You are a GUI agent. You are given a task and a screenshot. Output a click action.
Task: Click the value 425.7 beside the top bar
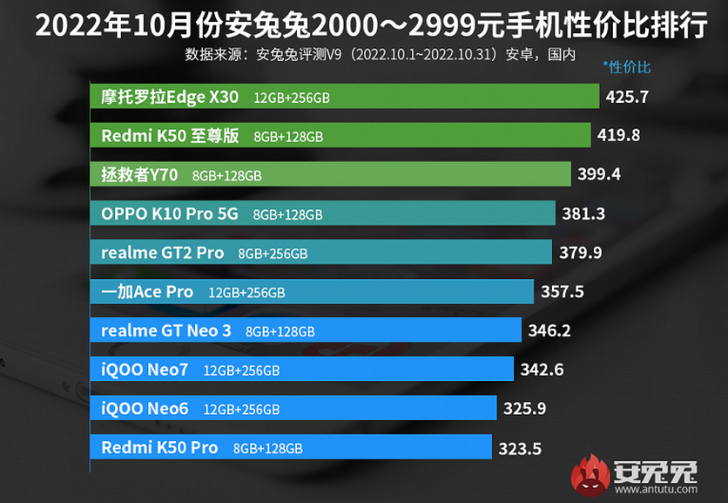[x=627, y=97]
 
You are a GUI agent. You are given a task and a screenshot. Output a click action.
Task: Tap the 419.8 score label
[x=619, y=135]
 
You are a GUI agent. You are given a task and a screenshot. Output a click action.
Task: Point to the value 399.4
[x=599, y=174]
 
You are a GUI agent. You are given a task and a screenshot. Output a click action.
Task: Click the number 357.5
[x=563, y=292]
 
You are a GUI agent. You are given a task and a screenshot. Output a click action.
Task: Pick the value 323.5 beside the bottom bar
[x=520, y=449]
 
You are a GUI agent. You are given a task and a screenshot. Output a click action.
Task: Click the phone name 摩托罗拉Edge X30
[x=170, y=97]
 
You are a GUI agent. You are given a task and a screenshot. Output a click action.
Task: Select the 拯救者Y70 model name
[x=139, y=175]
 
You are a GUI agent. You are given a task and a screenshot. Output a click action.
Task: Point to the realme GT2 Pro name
[x=162, y=253]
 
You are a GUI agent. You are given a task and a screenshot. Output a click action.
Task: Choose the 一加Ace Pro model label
[x=147, y=292]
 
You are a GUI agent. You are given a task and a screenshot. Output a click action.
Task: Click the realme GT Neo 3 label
[x=166, y=330]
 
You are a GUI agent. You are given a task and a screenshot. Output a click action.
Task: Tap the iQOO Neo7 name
[x=145, y=370]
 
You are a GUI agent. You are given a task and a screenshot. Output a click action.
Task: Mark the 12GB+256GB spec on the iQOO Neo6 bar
[x=241, y=410]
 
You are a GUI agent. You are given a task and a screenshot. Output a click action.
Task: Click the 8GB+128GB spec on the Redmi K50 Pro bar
[x=267, y=449]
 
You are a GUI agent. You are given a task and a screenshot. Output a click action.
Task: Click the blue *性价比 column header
[x=626, y=67]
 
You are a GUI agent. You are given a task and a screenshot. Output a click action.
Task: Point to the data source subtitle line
[x=381, y=54]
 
